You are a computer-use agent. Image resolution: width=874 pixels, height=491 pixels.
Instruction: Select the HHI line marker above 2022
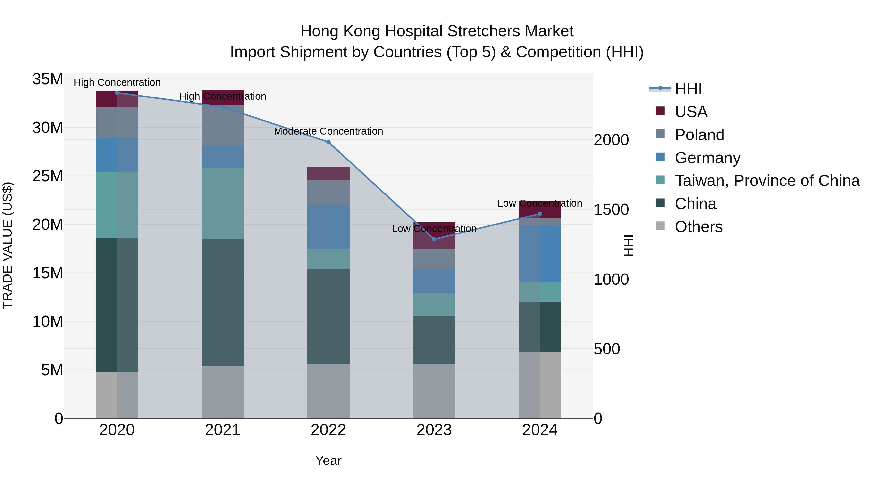tap(328, 142)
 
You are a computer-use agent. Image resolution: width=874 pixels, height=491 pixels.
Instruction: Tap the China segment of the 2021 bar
tap(223, 302)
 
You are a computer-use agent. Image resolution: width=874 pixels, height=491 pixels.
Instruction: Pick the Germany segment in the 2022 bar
tap(328, 227)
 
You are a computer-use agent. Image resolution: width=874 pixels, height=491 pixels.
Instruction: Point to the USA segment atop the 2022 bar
tap(328, 174)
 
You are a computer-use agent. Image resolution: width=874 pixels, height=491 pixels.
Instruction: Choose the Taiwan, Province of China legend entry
tap(767, 181)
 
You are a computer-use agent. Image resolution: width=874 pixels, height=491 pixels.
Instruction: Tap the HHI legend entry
tap(688, 89)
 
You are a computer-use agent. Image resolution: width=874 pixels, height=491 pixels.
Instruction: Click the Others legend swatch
tap(660, 226)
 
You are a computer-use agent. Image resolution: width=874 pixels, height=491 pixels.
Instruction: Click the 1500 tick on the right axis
tap(611, 210)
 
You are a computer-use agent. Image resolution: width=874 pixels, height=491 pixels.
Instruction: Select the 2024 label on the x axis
tap(539, 430)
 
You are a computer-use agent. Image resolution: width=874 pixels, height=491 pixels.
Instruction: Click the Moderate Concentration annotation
tap(328, 131)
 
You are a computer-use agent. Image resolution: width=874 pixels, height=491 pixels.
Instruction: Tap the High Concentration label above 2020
tap(117, 82)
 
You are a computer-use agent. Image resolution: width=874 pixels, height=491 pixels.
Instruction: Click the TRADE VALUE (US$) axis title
tap(8, 245)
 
